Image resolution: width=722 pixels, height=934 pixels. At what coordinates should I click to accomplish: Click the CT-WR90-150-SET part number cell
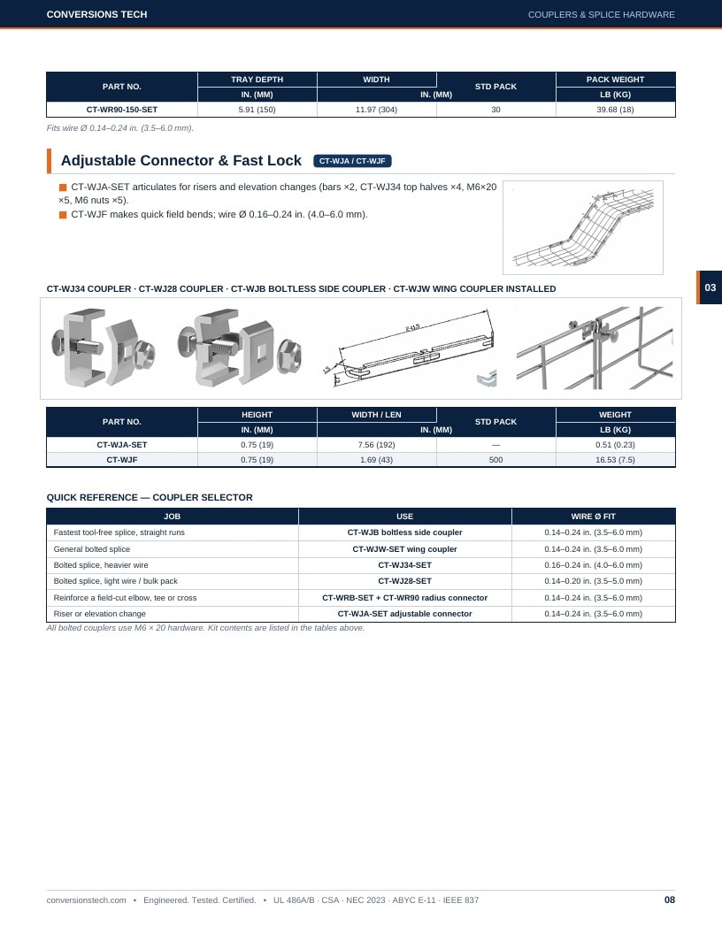[x=121, y=110]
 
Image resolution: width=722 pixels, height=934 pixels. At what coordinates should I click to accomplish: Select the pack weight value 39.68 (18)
[x=615, y=110]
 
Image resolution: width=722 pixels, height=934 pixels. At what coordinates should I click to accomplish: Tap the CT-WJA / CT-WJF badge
[x=352, y=161]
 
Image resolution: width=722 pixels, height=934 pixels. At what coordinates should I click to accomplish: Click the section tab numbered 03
[x=710, y=287]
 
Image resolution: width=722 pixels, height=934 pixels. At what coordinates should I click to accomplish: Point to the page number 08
[x=670, y=900]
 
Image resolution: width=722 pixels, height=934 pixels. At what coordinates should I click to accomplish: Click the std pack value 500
[x=495, y=460]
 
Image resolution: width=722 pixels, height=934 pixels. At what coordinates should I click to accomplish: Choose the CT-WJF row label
[x=121, y=460]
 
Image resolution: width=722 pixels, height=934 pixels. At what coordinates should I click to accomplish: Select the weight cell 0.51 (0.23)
[x=615, y=445]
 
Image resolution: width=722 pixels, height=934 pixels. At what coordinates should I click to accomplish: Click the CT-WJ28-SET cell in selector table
[x=404, y=581]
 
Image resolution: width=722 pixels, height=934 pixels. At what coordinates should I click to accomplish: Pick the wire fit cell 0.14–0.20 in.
[x=594, y=581]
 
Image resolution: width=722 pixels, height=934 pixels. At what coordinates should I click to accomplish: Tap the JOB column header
[x=173, y=517]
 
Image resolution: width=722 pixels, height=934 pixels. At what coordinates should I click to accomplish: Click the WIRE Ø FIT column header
[x=594, y=517]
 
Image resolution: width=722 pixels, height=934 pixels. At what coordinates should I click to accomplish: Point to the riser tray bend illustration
[x=582, y=227]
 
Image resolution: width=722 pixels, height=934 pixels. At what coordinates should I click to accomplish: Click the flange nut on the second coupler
[x=289, y=355]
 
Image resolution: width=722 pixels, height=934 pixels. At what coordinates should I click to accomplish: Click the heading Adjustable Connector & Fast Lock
[x=181, y=161]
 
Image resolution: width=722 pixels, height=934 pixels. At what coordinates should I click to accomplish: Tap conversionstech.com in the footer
[x=87, y=900]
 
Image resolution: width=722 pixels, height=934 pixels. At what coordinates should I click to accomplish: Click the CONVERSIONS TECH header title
[x=96, y=14]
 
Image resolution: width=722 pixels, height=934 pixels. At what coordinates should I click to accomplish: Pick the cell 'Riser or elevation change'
[x=99, y=614]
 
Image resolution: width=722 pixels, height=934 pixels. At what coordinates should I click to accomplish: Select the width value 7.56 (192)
[x=377, y=445]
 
